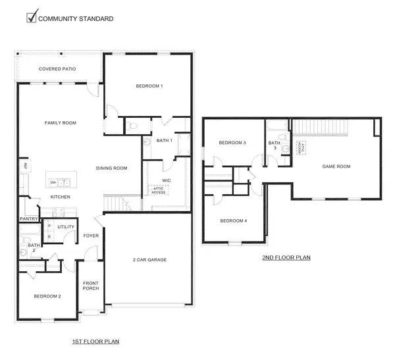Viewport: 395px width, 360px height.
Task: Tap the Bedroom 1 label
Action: (149, 86)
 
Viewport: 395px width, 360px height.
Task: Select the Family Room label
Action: (61, 123)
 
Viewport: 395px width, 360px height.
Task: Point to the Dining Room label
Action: (111, 168)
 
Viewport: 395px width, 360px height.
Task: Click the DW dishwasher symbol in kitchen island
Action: (51, 182)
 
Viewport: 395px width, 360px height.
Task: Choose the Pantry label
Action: (28, 219)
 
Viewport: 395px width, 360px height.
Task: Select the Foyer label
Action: (91, 236)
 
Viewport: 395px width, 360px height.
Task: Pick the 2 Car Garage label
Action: (148, 260)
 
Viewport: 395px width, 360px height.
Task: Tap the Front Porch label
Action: (90, 287)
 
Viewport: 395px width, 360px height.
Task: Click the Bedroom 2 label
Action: (47, 297)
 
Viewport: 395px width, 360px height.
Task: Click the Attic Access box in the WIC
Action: (158, 190)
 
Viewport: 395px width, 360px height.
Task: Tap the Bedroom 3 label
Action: (232, 143)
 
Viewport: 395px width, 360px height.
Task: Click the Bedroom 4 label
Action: (233, 220)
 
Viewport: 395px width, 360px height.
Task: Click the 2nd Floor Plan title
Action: (286, 258)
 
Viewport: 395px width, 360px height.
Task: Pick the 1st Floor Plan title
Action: (95, 342)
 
